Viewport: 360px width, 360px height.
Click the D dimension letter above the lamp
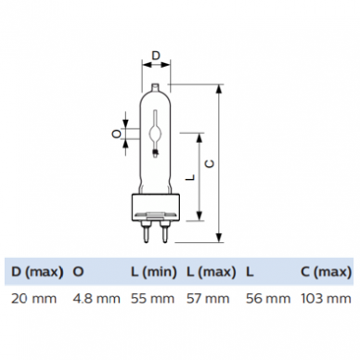pos(156,56)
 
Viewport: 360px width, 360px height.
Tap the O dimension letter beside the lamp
pos(116,134)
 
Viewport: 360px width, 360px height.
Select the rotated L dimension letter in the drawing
pos(192,177)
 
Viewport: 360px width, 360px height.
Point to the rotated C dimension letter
pos(210,163)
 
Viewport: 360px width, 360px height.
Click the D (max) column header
pos(37,272)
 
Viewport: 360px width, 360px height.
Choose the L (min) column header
pos(154,272)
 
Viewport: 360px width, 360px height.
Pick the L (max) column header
pos(212,272)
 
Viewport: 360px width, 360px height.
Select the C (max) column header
pos(326,272)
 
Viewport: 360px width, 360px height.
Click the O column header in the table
pos(78,272)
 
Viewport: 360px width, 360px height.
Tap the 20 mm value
pos(34,299)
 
